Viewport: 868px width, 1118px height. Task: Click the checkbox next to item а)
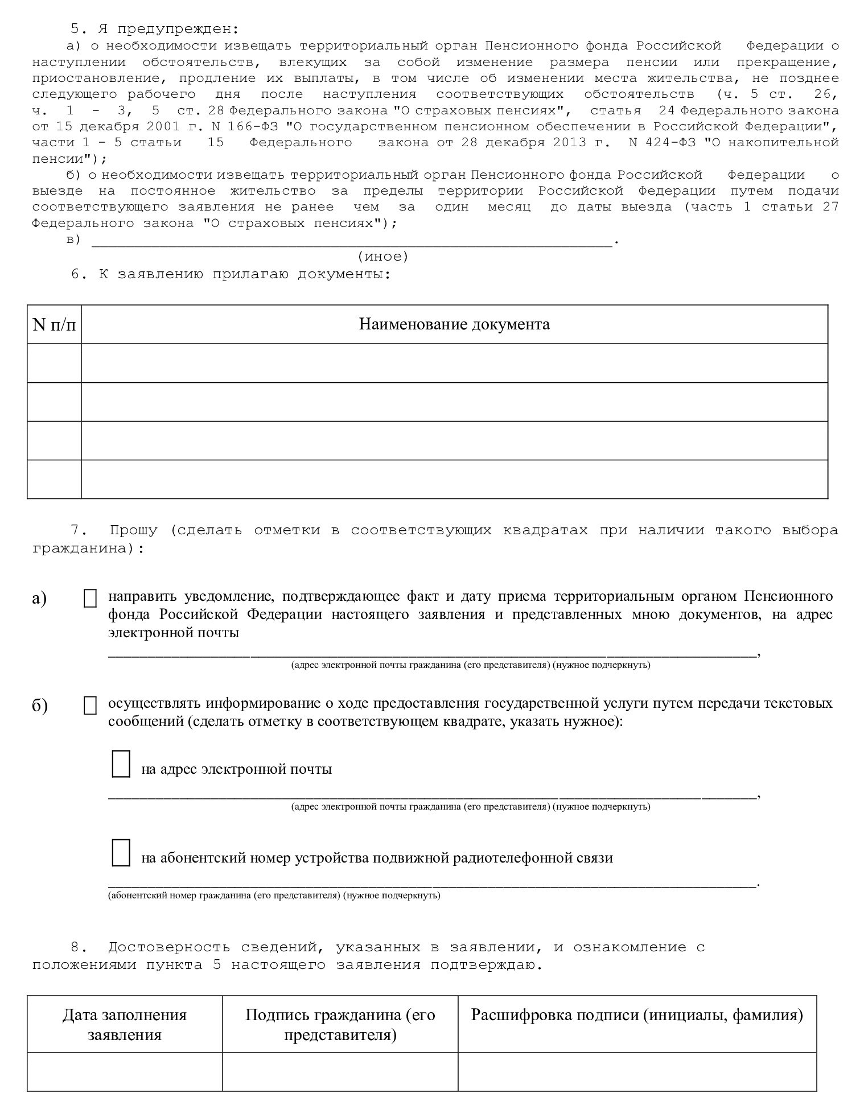[90, 599]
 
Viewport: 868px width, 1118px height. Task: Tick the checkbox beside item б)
[90, 706]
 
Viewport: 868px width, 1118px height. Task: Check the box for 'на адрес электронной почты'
[121, 764]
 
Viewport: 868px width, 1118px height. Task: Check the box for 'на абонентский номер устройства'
[121, 852]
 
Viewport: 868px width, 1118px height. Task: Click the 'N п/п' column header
[54, 324]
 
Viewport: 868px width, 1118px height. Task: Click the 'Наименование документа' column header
[454, 324]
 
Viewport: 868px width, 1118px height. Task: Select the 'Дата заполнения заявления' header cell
[125, 1024]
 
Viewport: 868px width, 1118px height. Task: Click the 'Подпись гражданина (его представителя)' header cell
[340, 1024]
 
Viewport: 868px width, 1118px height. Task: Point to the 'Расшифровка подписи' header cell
[637, 1016]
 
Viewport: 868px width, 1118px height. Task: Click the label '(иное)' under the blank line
[383, 257]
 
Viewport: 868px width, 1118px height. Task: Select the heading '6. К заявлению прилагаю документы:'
[231, 274]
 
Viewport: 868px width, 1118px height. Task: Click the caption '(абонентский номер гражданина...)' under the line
[274, 896]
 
